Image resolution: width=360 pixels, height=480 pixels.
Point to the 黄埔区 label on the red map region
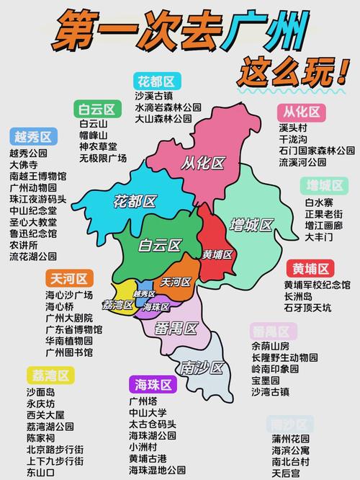(x=217, y=254)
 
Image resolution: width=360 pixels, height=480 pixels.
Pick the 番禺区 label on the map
(x=176, y=329)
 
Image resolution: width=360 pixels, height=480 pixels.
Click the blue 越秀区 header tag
(x=34, y=137)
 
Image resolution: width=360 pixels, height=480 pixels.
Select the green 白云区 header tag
(x=97, y=110)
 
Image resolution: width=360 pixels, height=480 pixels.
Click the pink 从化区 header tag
(x=300, y=112)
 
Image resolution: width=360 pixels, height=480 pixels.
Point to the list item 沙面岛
(x=40, y=392)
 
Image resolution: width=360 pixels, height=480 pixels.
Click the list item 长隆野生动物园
(x=284, y=357)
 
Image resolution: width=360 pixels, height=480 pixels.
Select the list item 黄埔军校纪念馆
(x=317, y=285)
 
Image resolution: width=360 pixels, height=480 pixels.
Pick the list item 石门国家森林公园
(x=316, y=151)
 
